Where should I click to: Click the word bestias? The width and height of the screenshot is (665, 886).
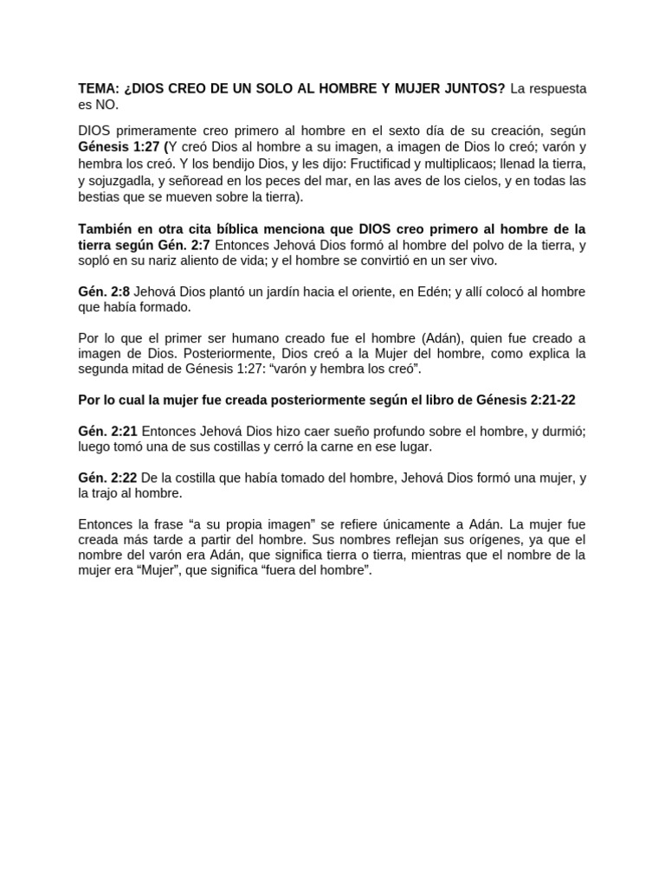pos(100,196)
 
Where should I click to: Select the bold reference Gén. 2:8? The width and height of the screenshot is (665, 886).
pos(105,292)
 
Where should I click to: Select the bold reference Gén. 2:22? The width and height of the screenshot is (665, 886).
pos(107,478)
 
